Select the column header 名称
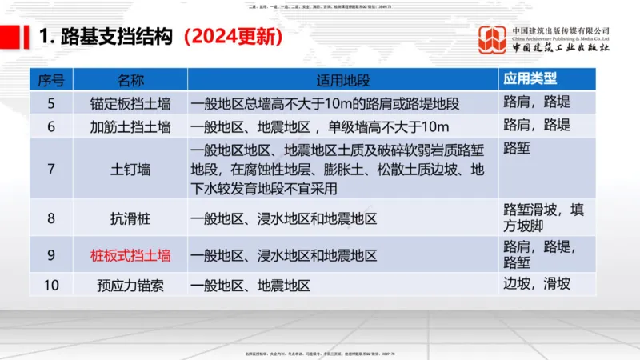click(x=130, y=81)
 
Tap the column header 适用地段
click(x=343, y=81)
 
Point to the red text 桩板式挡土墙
click(x=130, y=256)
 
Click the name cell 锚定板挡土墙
click(x=130, y=104)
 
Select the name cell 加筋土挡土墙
click(x=130, y=126)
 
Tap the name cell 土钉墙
click(x=130, y=168)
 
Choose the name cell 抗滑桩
click(x=130, y=218)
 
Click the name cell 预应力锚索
click(x=130, y=284)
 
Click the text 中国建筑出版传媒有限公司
click(x=561, y=30)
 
